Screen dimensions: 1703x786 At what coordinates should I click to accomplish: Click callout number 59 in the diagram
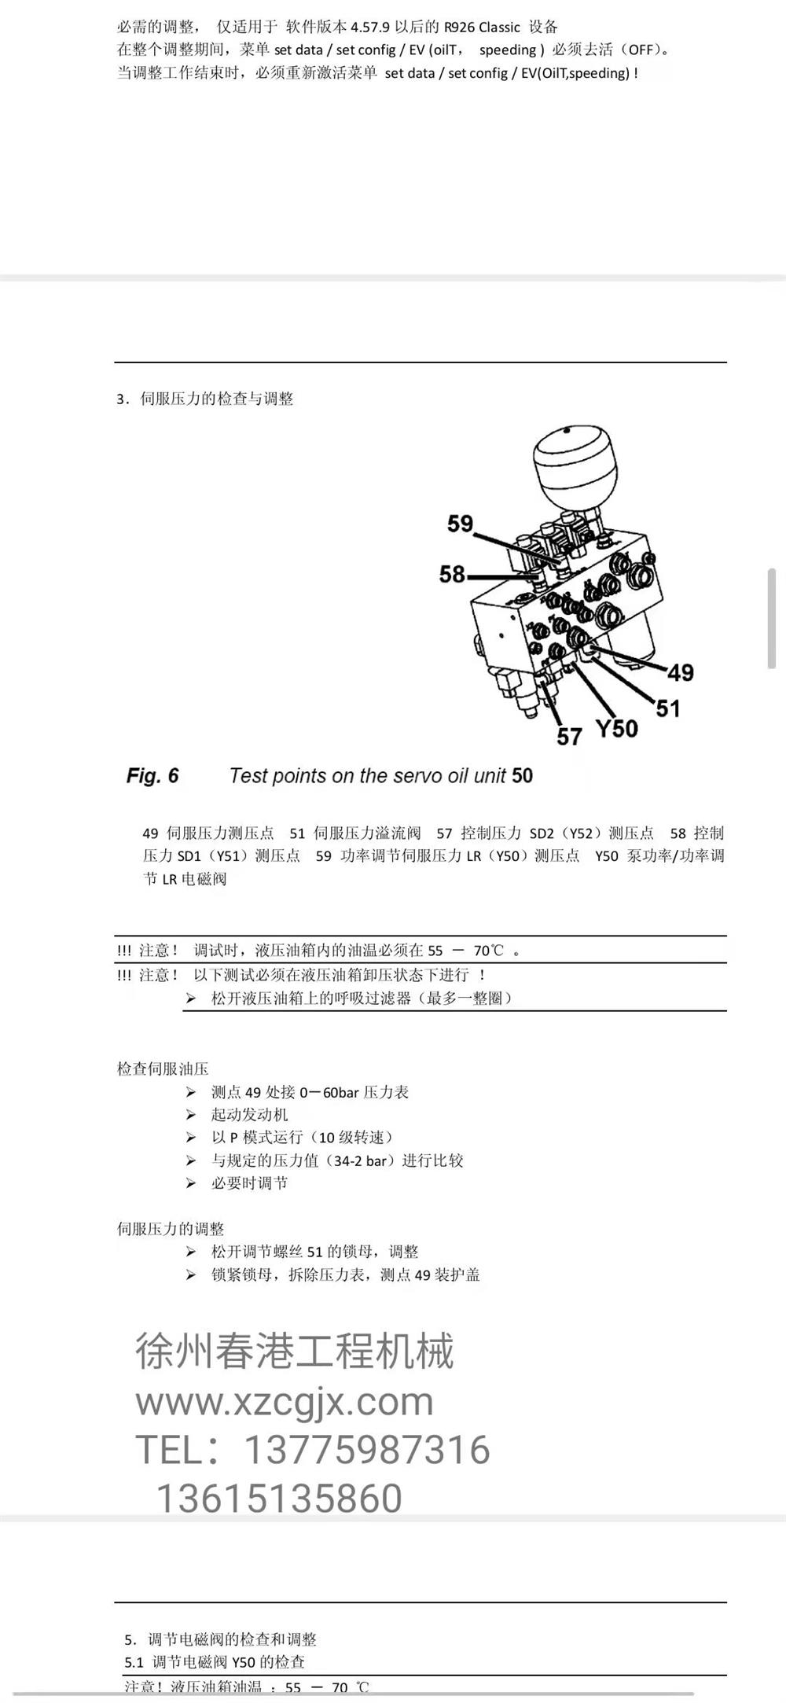click(461, 524)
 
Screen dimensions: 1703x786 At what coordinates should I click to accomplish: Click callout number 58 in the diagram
click(453, 574)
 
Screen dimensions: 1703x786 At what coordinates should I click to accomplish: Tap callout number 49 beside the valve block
click(681, 672)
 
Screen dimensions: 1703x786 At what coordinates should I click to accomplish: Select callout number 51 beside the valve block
click(667, 708)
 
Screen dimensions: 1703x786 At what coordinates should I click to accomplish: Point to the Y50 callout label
click(616, 728)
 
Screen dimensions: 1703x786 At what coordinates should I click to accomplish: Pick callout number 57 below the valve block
click(569, 737)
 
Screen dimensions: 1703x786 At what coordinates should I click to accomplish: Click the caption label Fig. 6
click(152, 776)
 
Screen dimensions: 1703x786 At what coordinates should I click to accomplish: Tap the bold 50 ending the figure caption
click(522, 776)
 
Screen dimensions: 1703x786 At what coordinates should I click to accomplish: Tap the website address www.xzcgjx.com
click(285, 1401)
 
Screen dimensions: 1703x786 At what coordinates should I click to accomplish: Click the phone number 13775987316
click(368, 1449)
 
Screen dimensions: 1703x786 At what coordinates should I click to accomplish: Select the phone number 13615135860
click(280, 1498)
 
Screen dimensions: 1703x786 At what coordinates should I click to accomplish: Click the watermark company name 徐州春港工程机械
click(295, 1351)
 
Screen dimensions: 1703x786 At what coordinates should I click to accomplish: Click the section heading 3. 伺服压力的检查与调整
click(205, 399)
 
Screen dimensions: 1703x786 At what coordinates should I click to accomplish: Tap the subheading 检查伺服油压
click(163, 1069)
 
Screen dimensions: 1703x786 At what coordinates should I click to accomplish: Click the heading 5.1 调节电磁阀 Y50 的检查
click(215, 1661)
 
